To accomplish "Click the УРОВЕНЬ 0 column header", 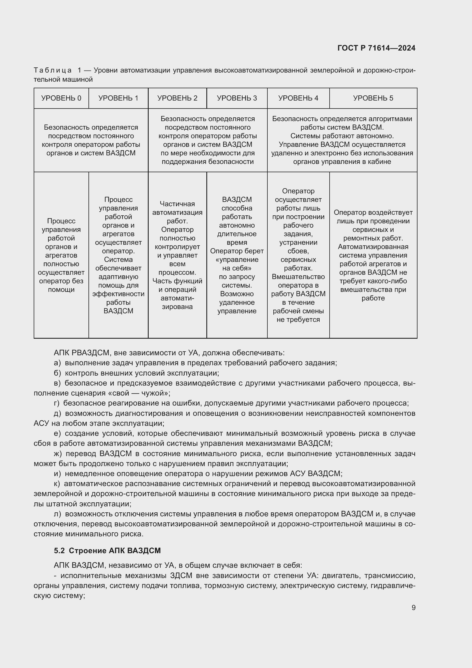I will [61, 98].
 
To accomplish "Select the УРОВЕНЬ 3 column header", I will [237, 98].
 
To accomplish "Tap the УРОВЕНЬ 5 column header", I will [373, 98].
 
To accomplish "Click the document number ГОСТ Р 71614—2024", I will [376, 48].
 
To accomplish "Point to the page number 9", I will [413, 607].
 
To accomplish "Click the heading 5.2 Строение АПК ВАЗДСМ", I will [107, 550].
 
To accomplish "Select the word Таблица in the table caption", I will [53, 71].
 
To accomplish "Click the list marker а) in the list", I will [57, 363].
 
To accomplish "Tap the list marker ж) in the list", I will [58, 454].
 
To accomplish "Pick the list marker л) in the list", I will [58, 514].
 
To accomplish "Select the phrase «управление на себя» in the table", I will [237, 264].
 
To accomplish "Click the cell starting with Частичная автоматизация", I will [177, 255].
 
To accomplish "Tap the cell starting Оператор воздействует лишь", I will [373, 255].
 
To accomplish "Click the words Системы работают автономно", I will [342, 136].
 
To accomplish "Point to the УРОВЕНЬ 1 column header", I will [118, 98].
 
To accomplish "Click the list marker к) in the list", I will [57, 484].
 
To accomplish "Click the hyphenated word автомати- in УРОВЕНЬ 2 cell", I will [177, 298].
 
